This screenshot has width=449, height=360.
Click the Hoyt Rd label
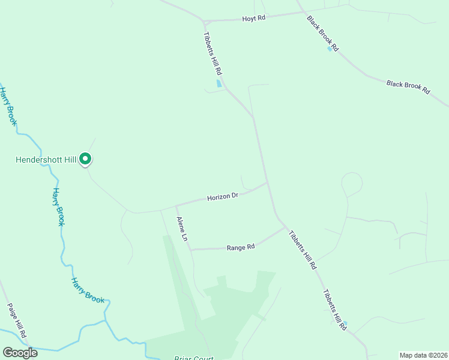click(x=253, y=19)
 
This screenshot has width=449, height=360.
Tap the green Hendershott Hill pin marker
click(x=85, y=159)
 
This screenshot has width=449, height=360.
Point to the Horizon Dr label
click(x=223, y=196)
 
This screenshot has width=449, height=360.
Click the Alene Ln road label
click(x=182, y=229)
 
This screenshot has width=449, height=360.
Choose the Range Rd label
click(x=241, y=247)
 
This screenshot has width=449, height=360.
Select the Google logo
click(x=20, y=353)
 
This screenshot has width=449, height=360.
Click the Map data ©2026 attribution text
click(x=423, y=355)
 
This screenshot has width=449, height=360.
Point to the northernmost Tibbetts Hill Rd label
click(x=213, y=54)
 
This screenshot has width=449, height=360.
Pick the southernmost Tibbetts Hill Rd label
click(x=334, y=310)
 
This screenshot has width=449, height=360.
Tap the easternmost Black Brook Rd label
click(x=408, y=88)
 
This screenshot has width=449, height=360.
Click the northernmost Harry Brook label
click(x=8, y=106)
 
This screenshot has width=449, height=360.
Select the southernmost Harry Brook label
click(x=88, y=289)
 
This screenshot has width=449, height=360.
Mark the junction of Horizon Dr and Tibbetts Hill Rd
click(x=267, y=183)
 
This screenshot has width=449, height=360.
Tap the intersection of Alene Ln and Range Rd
click(x=191, y=249)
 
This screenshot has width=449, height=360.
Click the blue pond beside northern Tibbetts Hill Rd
click(x=218, y=83)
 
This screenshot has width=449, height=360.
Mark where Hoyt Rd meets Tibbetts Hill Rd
click(x=205, y=21)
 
